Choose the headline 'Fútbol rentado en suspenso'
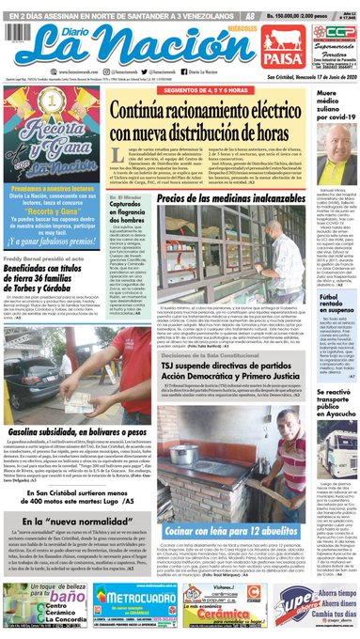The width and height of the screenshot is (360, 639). click(x=335, y=305)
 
